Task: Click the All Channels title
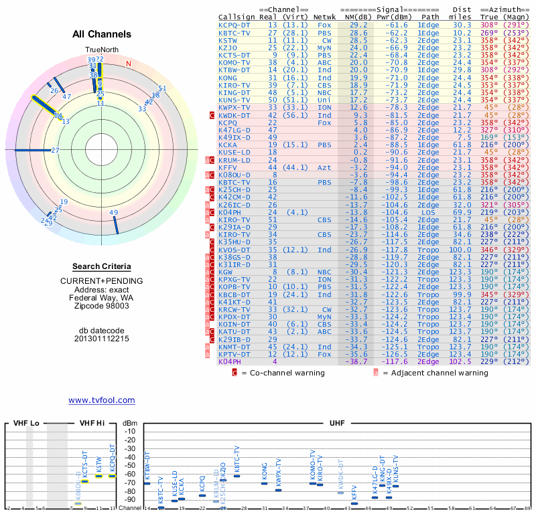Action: [102, 34]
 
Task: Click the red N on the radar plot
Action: [129, 64]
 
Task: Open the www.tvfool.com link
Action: [102, 400]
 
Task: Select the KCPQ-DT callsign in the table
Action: [234, 24]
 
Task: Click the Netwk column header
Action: [325, 17]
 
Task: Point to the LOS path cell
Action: [429, 211]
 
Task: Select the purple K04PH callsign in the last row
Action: [229, 361]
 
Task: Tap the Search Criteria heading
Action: [102, 266]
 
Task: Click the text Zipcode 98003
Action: [102, 306]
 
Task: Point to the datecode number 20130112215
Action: [102, 339]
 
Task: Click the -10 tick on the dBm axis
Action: [131, 431]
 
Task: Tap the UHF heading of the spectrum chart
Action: [338, 423]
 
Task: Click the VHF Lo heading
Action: [26, 423]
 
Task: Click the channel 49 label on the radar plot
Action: [114, 213]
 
